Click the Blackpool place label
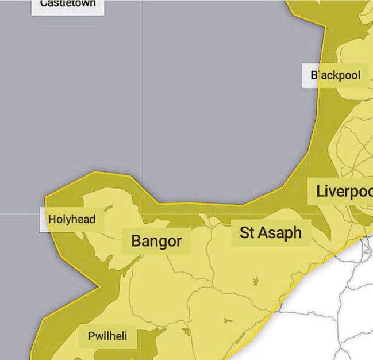(336, 75)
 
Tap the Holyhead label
(71, 219)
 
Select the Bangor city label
(156, 241)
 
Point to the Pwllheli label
(107, 336)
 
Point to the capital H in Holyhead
(52, 219)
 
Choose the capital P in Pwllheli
(91, 336)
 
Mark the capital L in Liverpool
(320, 191)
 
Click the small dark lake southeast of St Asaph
(255, 280)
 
